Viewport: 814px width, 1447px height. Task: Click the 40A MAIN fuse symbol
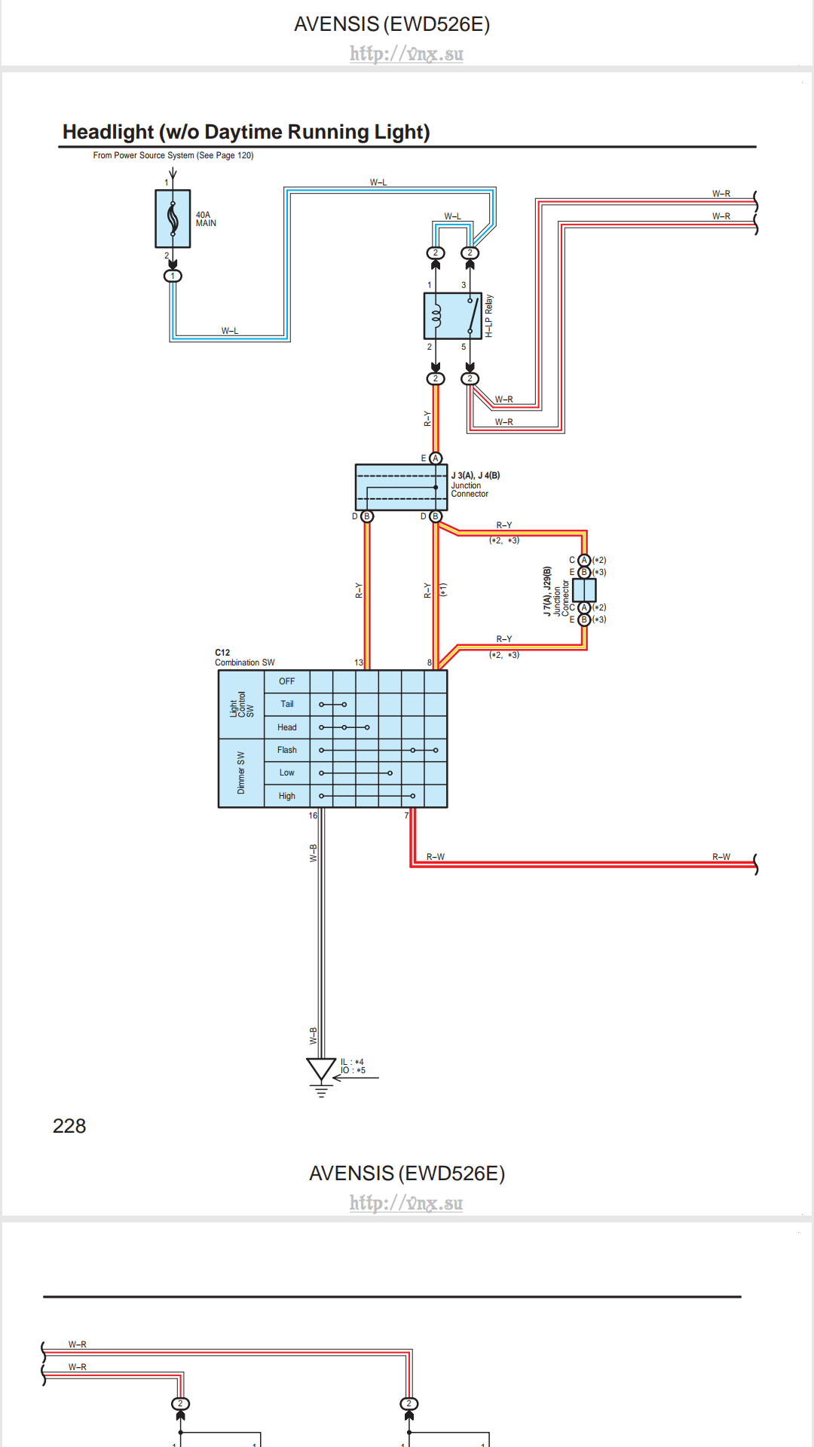click(173, 219)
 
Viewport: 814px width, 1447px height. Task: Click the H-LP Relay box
click(452, 316)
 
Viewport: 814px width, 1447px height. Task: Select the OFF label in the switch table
click(286, 681)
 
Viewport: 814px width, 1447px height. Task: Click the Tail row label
click(286, 704)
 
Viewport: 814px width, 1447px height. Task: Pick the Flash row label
click(286, 750)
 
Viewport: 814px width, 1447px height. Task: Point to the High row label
click(286, 796)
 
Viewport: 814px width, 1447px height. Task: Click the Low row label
click(286, 772)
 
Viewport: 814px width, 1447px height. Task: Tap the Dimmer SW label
click(240, 772)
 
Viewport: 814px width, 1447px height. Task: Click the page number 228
click(69, 1126)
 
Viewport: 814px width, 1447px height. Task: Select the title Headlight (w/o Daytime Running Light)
click(246, 132)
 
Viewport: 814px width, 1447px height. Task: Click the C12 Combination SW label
click(244, 658)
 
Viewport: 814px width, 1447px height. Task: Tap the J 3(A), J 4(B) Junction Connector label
click(475, 485)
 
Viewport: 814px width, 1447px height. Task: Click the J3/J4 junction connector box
click(400, 487)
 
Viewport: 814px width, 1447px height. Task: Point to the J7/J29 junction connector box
click(584, 589)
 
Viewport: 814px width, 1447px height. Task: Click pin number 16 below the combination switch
click(313, 815)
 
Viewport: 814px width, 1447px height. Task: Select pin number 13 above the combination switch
click(359, 662)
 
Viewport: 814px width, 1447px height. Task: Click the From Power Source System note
click(173, 155)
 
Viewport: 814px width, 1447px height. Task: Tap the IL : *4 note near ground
click(352, 1062)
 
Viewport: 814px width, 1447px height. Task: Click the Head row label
click(286, 727)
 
